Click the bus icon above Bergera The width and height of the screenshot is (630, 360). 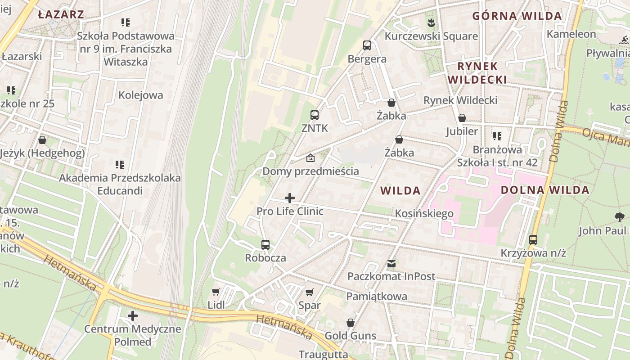(x=367, y=45)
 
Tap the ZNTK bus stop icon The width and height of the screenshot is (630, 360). (x=315, y=115)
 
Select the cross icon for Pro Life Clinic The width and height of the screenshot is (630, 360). (x=290, y=198)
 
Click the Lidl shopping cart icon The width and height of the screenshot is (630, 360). (x=216, y=292)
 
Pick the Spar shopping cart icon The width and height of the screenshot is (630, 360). (x=310, y=292)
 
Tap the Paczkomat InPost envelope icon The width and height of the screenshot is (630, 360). (x=391, y=263)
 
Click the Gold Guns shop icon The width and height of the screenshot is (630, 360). (x=351, y=323)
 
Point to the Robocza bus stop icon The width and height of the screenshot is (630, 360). (x=265, y=245)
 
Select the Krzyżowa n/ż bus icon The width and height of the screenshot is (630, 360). (x=533, y=240)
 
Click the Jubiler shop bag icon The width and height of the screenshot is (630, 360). (x=462, y=118)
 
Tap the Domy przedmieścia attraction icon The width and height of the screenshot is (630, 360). (x=310, y=158)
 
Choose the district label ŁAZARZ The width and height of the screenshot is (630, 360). (x=61, y=14)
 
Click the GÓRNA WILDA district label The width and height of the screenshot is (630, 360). (x=517, y=16)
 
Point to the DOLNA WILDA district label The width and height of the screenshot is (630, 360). (x=545, y=190)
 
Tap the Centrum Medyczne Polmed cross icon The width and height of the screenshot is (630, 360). (x=133, y=316)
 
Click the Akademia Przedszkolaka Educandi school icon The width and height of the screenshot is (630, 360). (x=120, y=165)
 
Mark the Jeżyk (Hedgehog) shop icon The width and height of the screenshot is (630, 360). (x=42, y=140)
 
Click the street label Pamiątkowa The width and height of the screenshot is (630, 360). (x=377, y=297)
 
